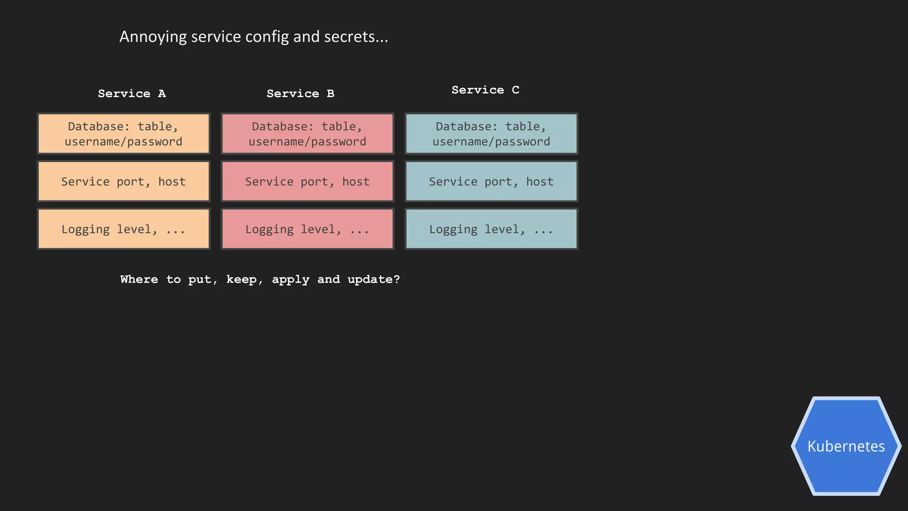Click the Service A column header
[x=132, y=94]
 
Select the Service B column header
[x=300, y=94]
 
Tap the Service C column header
[x=485, y=90]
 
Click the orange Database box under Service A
[x=124, y=134]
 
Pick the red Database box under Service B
[x=308, y=134]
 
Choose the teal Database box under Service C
[x=491, y=134]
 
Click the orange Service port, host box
[x=124, y=181]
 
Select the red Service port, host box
[x=308, y=181]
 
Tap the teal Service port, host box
[x=491, y=181]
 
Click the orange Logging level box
[x=124, y=229]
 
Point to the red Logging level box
[x=308, y=229]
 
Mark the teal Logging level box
[x=491, y=229]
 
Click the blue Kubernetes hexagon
[x=846, y=446]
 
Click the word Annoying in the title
[x=153, y=37]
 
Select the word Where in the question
[x=139, y=279]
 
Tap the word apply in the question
[x=290, y=279]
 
